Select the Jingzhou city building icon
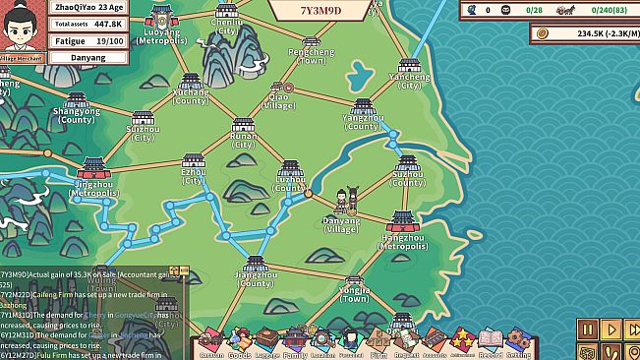93,168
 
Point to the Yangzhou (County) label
363,122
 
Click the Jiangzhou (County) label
255,279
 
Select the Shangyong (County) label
76,115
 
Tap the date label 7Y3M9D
320,11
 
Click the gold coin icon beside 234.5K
543,33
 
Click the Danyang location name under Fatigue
89,58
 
